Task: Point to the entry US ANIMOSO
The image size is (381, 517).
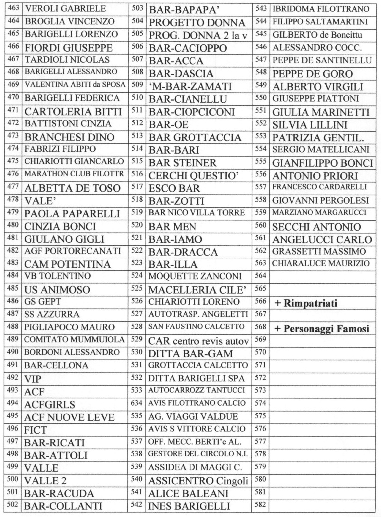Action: pyautogui.click(x=57, y=290)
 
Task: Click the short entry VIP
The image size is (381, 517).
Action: pyautogui.click(x=33, y=379)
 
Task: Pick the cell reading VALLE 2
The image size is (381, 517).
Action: pyautogui.click(x=46, y=481)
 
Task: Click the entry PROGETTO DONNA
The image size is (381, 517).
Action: pyautogui.click(x=197, y=23)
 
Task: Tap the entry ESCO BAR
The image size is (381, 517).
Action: pyautogui.click(x=174, y=188)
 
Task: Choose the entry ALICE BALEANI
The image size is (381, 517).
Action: pyautogui.click(x=189, y=493)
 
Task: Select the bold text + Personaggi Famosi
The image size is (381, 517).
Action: pyautogui.click(x=321, y=329)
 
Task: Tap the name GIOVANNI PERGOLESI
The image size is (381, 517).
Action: pyautogui.click(x=321, y=200)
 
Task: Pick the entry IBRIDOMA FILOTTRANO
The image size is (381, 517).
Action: pyautogui.click(x=321, y=9)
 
